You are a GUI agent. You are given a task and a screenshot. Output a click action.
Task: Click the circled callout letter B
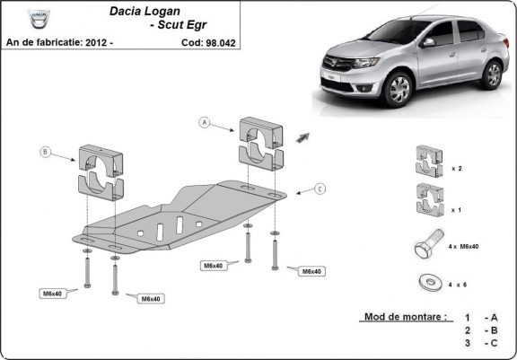click(47, 153)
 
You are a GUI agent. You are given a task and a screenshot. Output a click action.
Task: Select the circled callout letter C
click(320, 189)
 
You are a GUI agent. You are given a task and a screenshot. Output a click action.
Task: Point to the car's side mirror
click(429, 42)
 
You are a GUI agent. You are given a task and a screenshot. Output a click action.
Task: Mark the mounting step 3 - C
click(480, 343)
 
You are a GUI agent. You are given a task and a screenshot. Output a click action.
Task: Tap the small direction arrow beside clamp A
click(302, 136)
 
